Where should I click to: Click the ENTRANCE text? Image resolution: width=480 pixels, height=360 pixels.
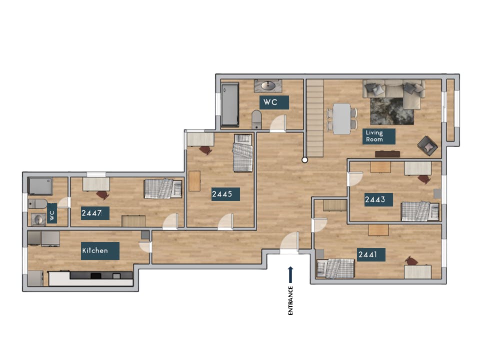[x=290, y=300]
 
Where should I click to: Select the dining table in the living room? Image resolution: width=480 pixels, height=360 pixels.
[x=342, y=118]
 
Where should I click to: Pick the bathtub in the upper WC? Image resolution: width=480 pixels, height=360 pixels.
[x=230, y=104]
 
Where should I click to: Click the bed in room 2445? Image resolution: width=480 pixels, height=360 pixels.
[x=243, y=152]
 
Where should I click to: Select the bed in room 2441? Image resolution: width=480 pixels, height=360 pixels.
[x=336, y=268]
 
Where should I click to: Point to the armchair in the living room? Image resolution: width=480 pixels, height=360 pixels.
[x=427, y=145]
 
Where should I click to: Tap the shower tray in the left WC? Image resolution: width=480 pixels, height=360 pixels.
[x=40, y=186]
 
